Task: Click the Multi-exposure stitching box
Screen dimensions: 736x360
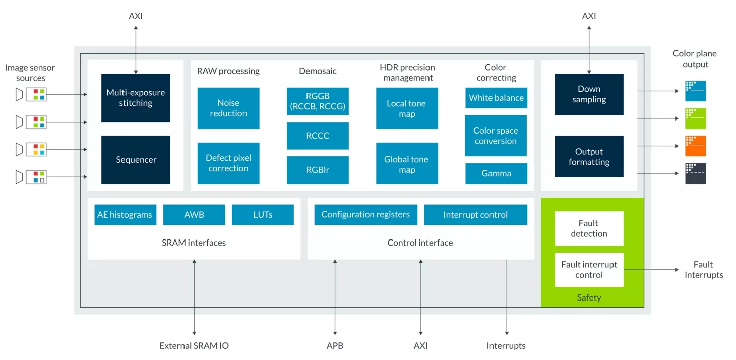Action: point(136,98)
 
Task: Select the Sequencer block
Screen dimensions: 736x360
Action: point(136,159)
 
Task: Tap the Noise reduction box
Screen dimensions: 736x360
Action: point(228,108)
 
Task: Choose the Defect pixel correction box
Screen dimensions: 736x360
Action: point(228,163)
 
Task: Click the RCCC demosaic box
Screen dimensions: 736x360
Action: point(318,136)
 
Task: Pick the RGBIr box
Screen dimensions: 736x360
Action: point(318,169)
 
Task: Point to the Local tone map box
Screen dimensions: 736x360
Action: point(407,108)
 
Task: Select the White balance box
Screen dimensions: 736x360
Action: point(496,98)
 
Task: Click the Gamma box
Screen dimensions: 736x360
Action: point(496,173)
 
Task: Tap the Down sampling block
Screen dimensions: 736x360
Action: point(589,94)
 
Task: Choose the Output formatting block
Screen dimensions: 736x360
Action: point(589,156)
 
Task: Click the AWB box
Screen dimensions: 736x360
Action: point(194,215)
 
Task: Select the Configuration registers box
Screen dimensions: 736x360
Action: point(365,215)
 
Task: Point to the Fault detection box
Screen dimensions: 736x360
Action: point(589,228)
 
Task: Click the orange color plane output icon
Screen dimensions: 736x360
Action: point(696,146)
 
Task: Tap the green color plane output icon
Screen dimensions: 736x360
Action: point(696,118)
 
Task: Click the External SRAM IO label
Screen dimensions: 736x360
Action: point(194,345)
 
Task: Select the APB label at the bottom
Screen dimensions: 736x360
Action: point(335,345)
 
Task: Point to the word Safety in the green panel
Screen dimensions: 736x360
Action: point(589,297)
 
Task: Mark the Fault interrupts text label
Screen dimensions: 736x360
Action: point(704,270)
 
